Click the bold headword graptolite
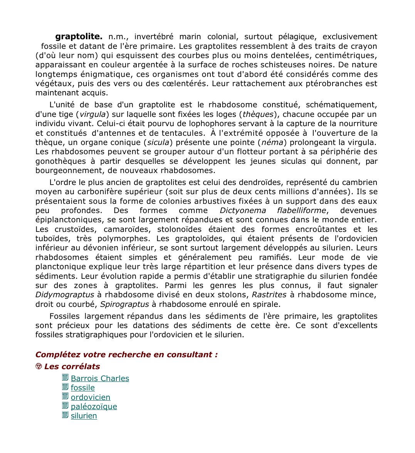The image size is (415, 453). click(x=79, y=37)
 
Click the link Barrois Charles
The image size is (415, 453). click(x=100, y=378)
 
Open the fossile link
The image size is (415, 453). click(x=82, y=388)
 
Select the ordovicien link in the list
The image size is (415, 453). click(x=90, y=397)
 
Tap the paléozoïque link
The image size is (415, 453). click(x=94, y=406)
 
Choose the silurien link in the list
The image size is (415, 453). click(x=84, y=416)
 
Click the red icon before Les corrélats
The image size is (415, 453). click(x=39, y=366)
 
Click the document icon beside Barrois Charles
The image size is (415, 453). click(x=65, y=378)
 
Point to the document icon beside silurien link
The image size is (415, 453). click(x=65, y=415)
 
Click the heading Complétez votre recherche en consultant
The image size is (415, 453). click(x=126, y=355)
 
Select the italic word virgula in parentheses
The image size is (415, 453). click(x=92, y=114)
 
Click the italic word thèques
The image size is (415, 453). click(x=258, y=114)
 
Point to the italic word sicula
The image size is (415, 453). click(x=158, y=142)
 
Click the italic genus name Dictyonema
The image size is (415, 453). click(x=242, y=210)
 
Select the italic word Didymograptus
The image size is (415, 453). click(x=65, y=295)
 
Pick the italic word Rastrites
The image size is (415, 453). click(x=269, y=295)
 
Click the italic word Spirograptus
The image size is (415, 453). click(x=124, y=304)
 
